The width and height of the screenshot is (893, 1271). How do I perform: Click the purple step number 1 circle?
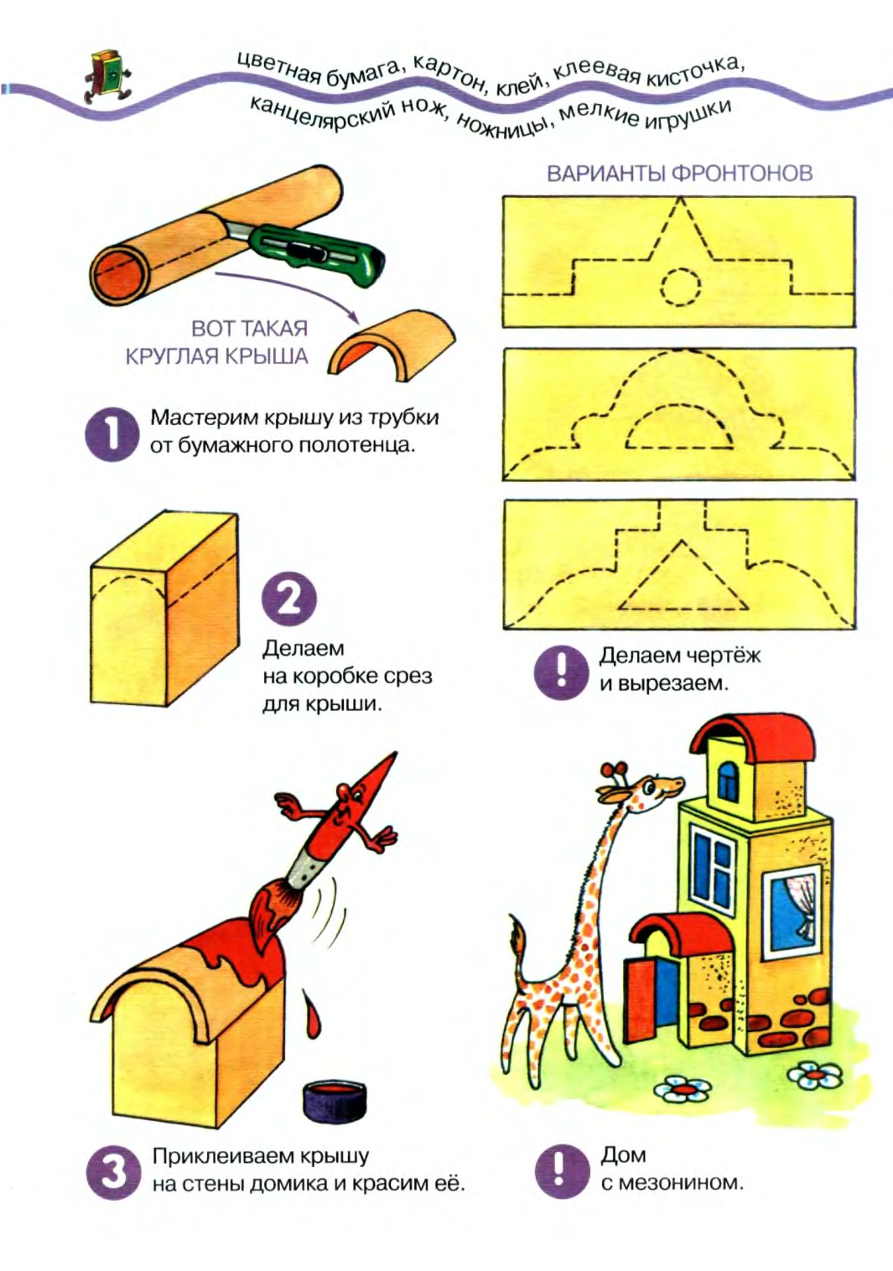tap(112, 433)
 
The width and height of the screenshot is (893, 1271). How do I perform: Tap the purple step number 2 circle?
tap(288, 599)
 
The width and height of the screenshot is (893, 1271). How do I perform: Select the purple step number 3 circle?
tap(113, 1171)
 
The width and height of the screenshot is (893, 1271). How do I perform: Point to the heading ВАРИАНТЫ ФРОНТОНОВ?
tap(679, 174)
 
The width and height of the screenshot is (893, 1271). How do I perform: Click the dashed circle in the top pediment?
tap(680, 287)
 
